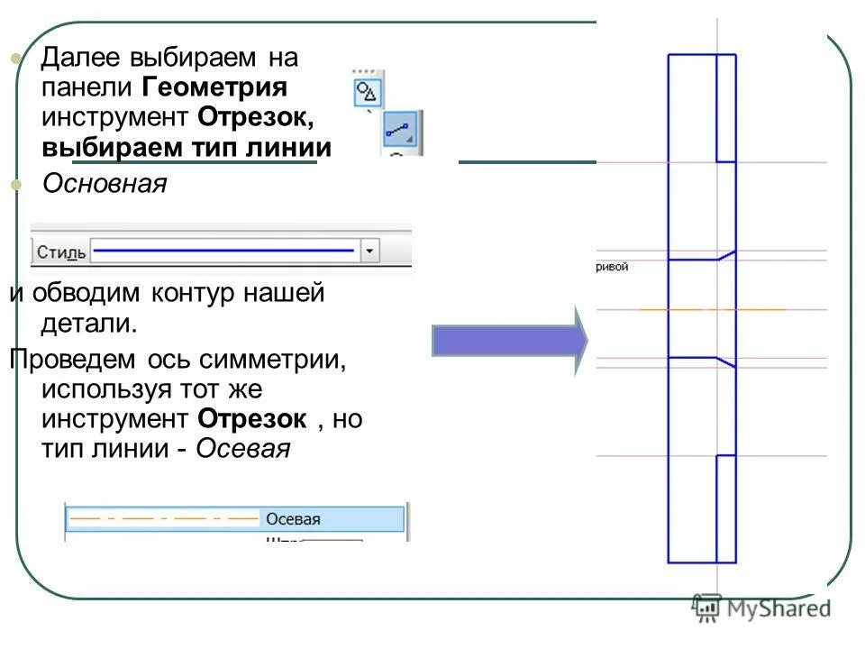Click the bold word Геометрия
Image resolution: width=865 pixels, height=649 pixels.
214,88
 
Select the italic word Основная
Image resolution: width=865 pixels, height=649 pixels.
105,184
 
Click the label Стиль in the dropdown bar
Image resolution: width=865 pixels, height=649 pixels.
61,251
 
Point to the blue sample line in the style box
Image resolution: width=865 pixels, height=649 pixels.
224,250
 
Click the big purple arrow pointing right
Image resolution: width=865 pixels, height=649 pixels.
509,340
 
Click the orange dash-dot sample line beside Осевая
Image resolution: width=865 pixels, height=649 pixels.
162,519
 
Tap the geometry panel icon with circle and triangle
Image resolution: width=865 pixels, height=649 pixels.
368,92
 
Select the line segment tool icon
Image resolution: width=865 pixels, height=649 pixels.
400,132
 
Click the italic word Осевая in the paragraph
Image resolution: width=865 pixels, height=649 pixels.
242,449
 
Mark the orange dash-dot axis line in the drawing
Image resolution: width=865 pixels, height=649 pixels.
712,309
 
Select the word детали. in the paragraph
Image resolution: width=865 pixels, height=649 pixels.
88,322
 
